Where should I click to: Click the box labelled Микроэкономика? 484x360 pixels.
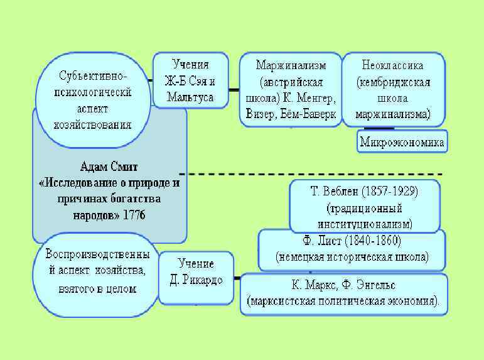(x=402, y=143)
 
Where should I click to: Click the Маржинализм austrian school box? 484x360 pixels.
(x=290, y=90)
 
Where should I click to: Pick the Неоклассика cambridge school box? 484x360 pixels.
(x=393, y=90)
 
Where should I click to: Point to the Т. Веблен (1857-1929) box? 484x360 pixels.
(x=365, y=206)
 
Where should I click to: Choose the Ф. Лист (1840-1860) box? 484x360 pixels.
(x=352, y=249)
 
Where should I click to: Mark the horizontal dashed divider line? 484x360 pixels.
(x=314, y=174)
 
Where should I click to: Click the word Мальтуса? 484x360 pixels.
(x=190, y=97)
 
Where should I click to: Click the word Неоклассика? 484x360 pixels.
(x=393, y=65)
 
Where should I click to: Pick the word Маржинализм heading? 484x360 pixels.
(x=290, y=65)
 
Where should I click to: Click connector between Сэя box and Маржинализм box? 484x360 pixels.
(x=234, y=90)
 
